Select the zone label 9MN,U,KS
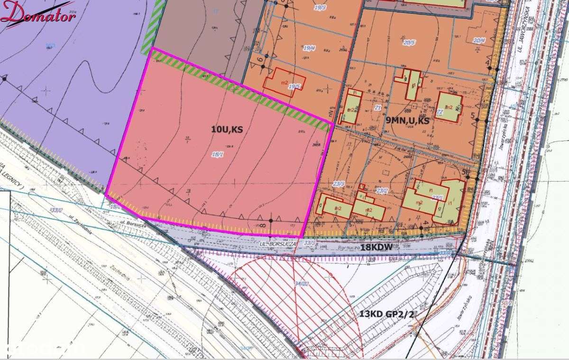[x=407, y=121]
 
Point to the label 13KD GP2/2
[x=387, y=314]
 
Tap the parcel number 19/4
[x=310, y=48]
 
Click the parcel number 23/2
[x=382, y=190]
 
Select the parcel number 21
[x=378, y=108]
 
